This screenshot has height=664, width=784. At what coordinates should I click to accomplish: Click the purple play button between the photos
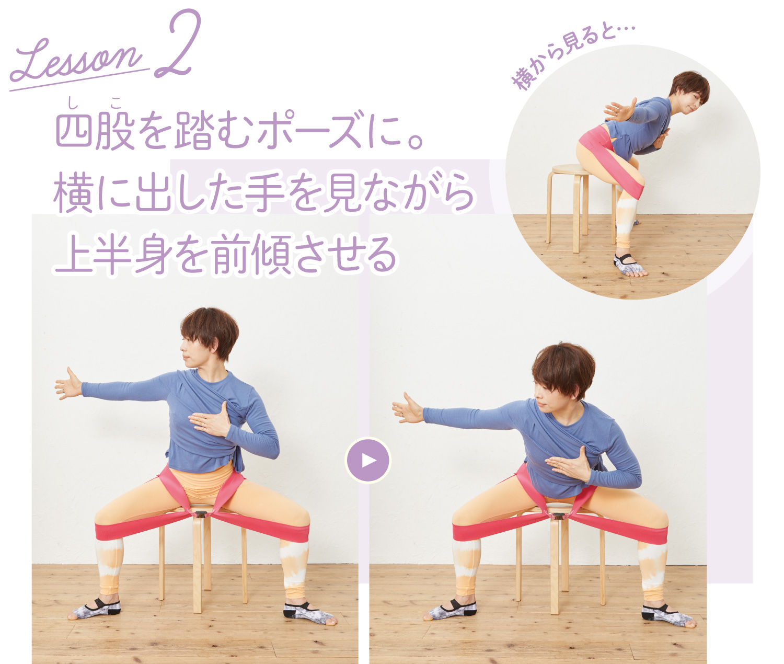pyautogui.click(x=368, y=460)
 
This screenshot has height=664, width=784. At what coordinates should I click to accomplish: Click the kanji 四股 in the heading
pyautogui.click(x=95, y=129)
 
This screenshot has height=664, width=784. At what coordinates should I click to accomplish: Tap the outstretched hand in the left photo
pyautogui.click(x=68, y=384)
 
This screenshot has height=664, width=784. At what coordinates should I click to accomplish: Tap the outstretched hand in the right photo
pyautogui.click(x=408, y=408)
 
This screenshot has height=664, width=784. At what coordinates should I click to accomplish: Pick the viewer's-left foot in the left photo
pyautogui.click(x=95, y=609)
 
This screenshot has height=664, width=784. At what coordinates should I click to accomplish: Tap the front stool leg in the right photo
pyautogui.click(x=555, y=565)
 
